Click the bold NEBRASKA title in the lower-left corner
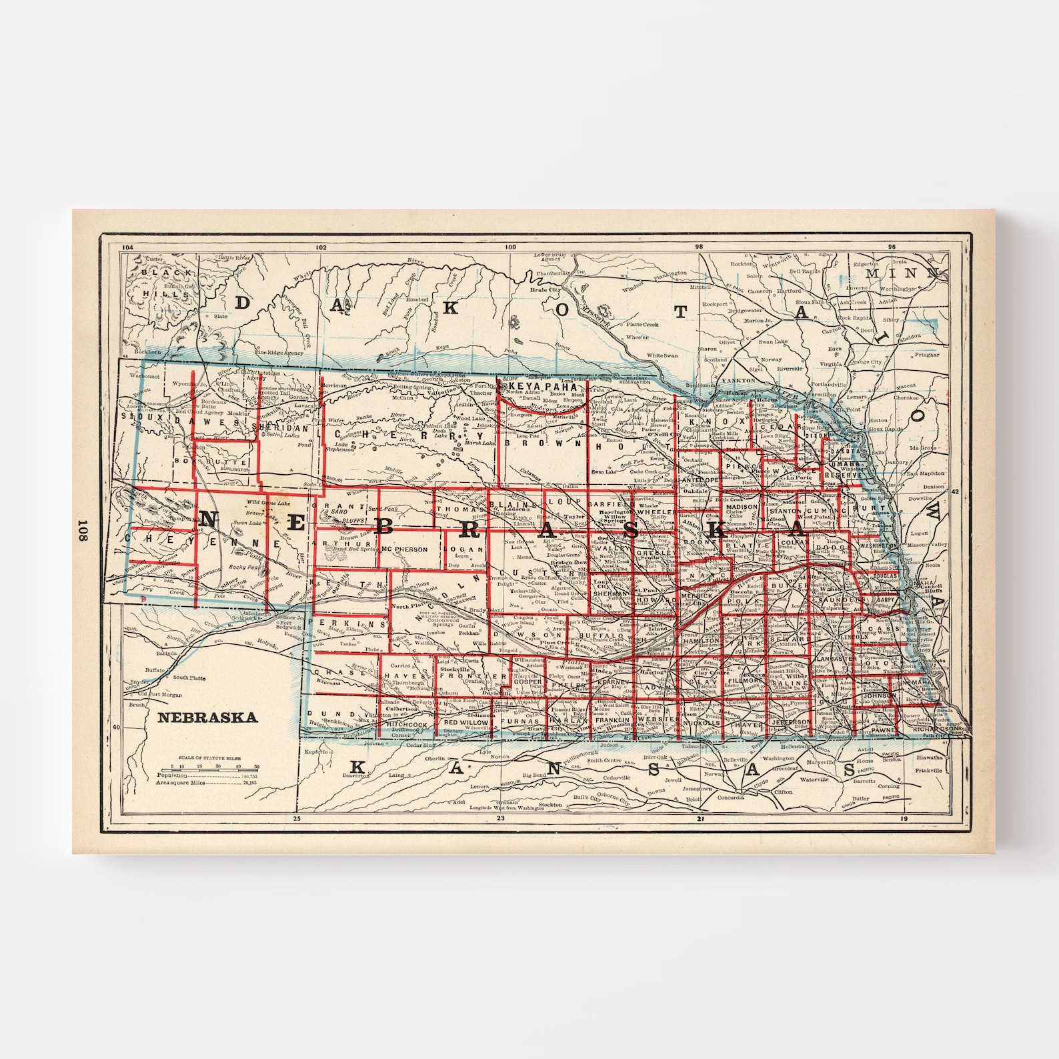(207, 718)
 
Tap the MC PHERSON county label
(405, 550)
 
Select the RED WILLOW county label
(466, 722)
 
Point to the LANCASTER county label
(836, 659)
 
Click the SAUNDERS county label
(846, 600)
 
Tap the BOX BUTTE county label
(209, 461)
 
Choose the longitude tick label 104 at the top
(129, 247)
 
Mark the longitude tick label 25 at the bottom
(297, 818)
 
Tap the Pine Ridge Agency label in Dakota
(279, 352)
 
